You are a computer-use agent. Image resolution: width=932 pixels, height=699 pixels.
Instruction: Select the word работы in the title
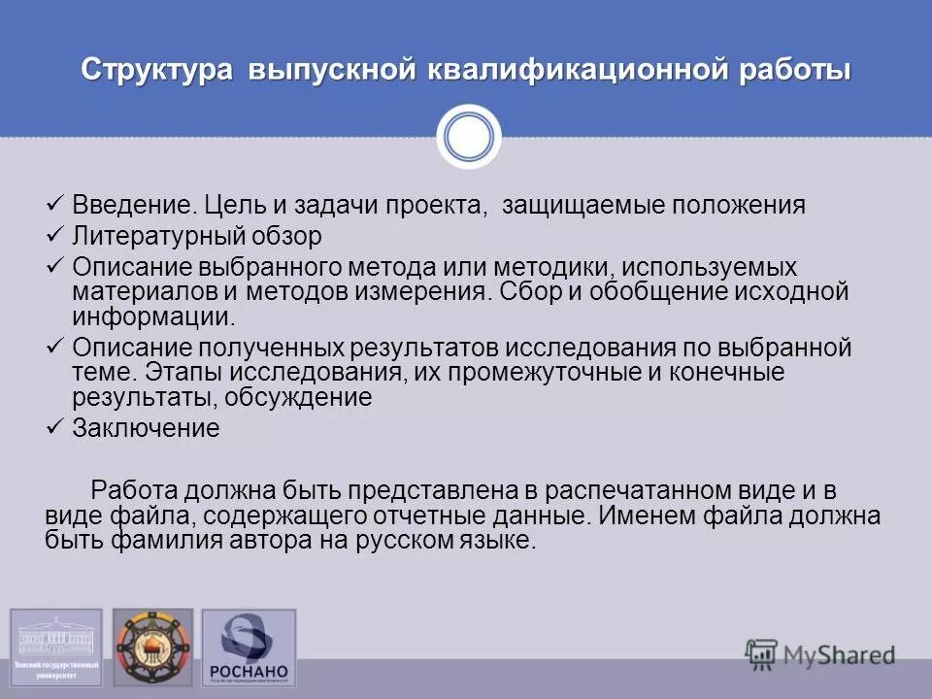click(x=796, y=71)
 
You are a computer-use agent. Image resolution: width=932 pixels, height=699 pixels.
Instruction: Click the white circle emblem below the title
click(x=469, y=137)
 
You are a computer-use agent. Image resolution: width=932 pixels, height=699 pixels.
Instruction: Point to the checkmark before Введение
click(x=55, y=204)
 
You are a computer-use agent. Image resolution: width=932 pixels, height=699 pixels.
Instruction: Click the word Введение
click(x=135, y=206)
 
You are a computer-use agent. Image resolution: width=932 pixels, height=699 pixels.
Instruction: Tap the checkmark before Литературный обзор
click(x=55, y=234)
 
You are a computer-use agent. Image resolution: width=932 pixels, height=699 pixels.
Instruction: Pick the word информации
click(x=151, y=316)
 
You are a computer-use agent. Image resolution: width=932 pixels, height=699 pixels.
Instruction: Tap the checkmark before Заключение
click(x=55, y=426)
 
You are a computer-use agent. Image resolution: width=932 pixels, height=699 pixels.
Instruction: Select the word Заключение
click(x=147, y=428)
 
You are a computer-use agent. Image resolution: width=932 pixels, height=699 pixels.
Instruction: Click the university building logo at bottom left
click(x=55, y=646)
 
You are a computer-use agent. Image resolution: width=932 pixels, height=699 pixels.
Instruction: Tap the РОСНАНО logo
click(x=249, y=649)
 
